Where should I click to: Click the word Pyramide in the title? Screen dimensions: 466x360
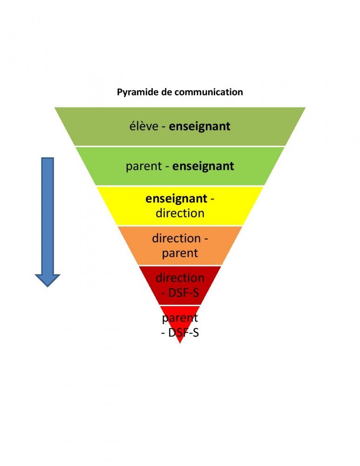click(135, 92)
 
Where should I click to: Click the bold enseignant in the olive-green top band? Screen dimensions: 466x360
click(199, 126)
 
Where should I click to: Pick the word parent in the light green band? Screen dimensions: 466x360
click(143, 166)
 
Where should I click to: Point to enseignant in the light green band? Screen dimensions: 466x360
click(203, 166)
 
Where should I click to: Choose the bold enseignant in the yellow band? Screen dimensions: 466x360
click(176, 199)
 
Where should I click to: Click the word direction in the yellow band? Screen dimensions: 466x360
click(180, 213)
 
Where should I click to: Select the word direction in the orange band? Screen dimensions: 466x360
click(176, 238)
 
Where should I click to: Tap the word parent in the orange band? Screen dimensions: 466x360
click(180, 253)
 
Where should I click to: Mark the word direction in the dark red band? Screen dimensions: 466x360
click(180, 278)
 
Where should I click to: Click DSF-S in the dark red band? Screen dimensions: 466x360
click(183, 293)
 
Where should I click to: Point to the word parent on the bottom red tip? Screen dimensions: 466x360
click(180, 318)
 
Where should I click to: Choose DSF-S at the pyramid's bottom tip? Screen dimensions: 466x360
click(183, 333)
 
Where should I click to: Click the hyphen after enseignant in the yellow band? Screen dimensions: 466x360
click(212, 199)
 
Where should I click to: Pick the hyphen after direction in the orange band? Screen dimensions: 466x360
click(205, 239)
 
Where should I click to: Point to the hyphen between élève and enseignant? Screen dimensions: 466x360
click(163, 127)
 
